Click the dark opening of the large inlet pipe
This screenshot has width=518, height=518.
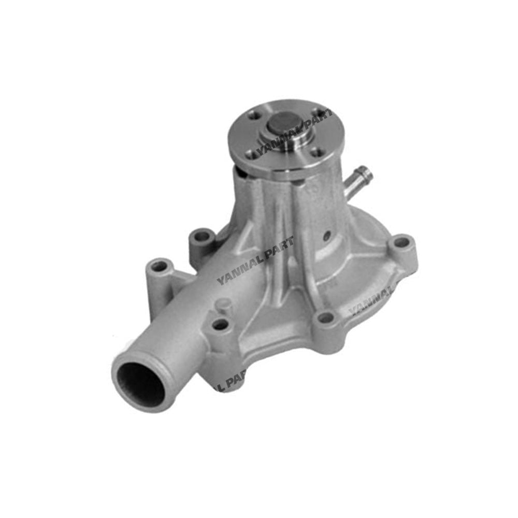(139, 384)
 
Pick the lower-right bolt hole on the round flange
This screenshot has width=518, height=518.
(319, 152)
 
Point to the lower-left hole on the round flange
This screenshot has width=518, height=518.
(252, 153)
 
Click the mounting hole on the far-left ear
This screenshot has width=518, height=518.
(159, 266)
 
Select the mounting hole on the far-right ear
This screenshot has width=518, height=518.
(401, 242)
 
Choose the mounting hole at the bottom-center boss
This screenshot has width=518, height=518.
(325, 318)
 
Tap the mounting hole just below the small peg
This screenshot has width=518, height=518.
(221, 325)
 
